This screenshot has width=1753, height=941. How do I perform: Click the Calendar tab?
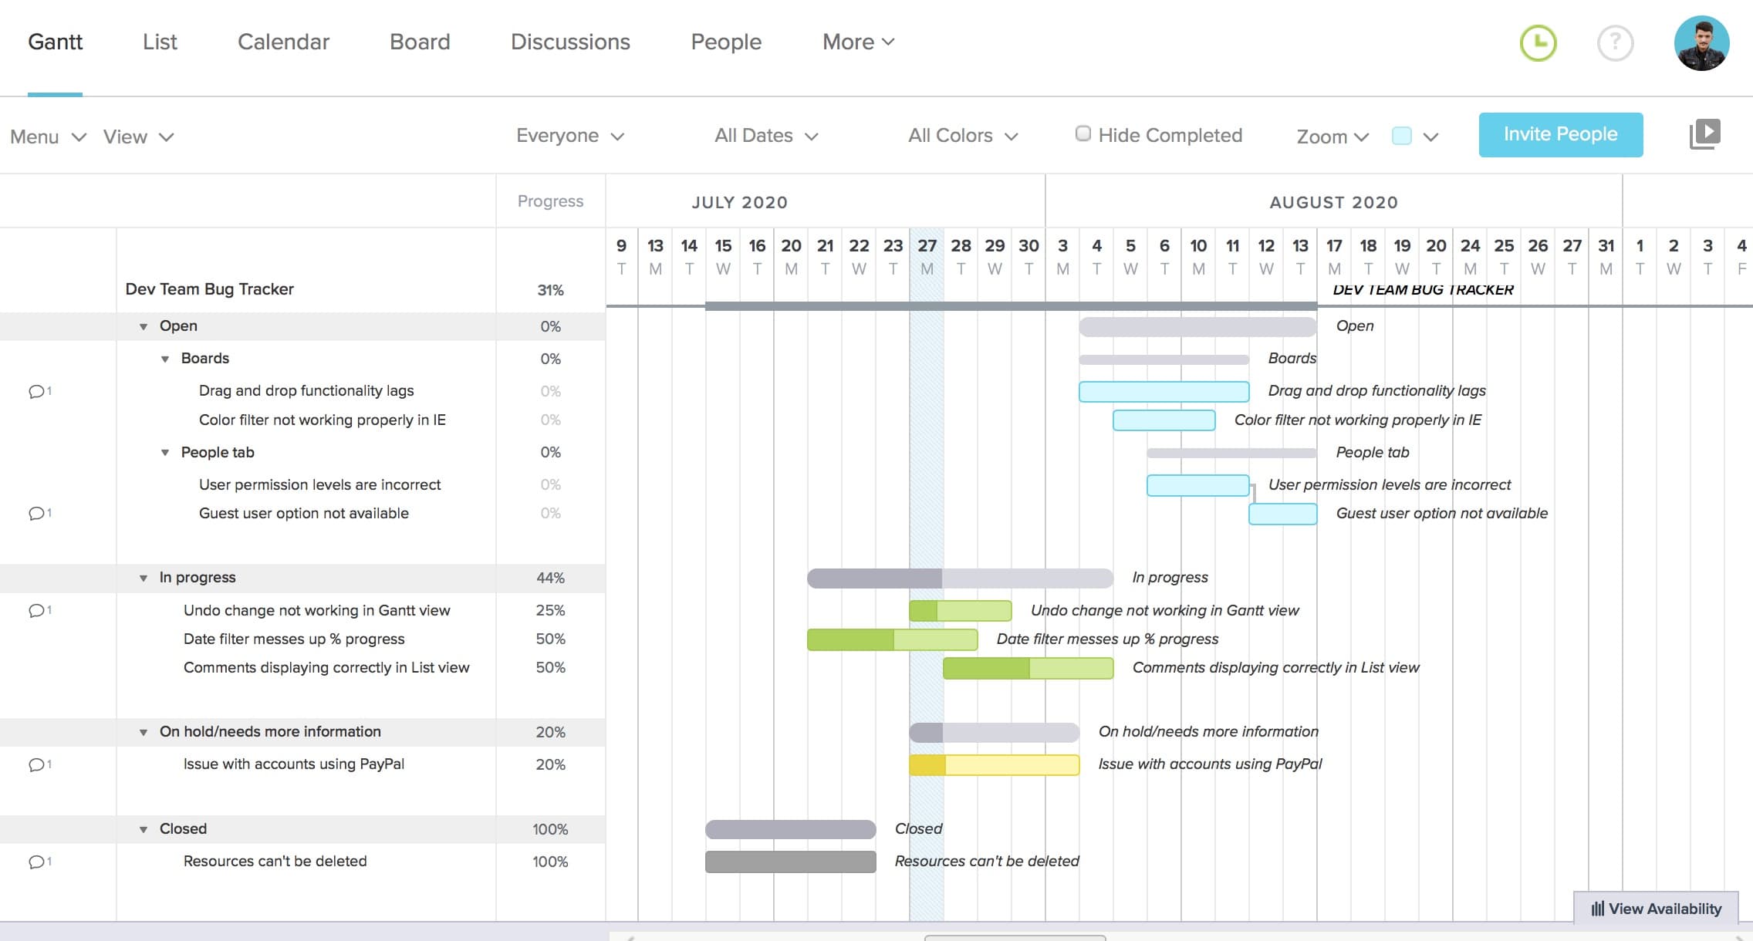tap(283, 42)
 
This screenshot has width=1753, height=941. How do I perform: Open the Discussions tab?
tap(570, 42)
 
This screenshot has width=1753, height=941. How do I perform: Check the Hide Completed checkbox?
tap(1083, 134)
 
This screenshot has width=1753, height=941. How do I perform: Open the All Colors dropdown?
tap(962, 136)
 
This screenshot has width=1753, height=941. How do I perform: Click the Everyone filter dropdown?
tap(569, 136)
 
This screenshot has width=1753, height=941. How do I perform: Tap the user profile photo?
tap(1701, 43)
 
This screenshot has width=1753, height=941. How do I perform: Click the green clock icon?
tap(1538, 43)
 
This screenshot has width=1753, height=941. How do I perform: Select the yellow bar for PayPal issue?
tap(994, 764)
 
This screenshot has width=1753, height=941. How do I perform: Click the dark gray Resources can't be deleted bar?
tap(790, 862)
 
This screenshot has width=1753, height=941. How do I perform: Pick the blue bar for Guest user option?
tap(1282, 514)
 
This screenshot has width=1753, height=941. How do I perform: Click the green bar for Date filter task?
tap(892, 639)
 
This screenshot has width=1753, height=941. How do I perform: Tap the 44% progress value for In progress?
tap(550, 578)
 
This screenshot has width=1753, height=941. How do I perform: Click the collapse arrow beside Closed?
tap(144, 829)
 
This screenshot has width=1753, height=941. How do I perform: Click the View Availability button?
tap(1656, 909)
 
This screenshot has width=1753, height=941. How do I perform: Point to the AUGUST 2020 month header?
tap(1333, 202)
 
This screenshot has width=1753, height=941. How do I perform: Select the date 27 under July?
tap(926, 246)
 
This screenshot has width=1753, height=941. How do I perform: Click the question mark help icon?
tap(1615, 43)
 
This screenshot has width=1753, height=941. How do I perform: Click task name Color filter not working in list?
tap(322, 420)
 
